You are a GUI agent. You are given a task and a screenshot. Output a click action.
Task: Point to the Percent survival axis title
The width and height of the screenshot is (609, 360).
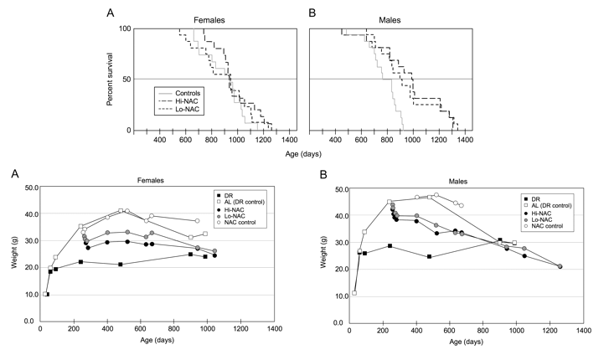pos(111,80)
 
